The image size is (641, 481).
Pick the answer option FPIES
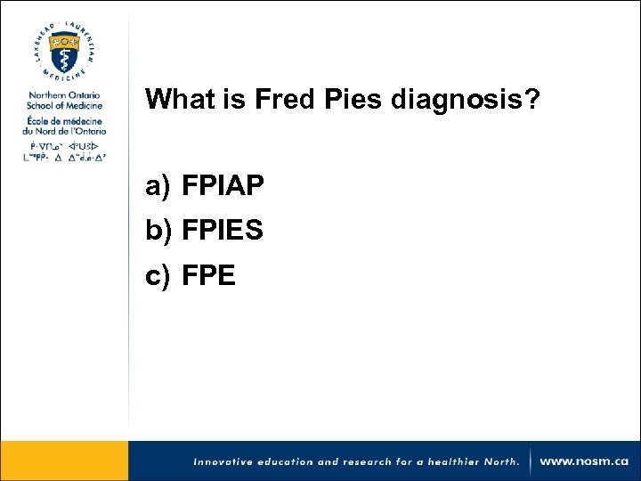223,231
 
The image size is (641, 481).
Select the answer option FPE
208,276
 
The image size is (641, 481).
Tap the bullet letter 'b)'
158,231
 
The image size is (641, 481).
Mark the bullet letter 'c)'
158,276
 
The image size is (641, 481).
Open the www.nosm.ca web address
584,461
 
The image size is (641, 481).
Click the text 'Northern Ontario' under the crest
64,95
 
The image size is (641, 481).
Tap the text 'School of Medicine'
64,105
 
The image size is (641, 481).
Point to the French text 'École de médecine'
64,119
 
